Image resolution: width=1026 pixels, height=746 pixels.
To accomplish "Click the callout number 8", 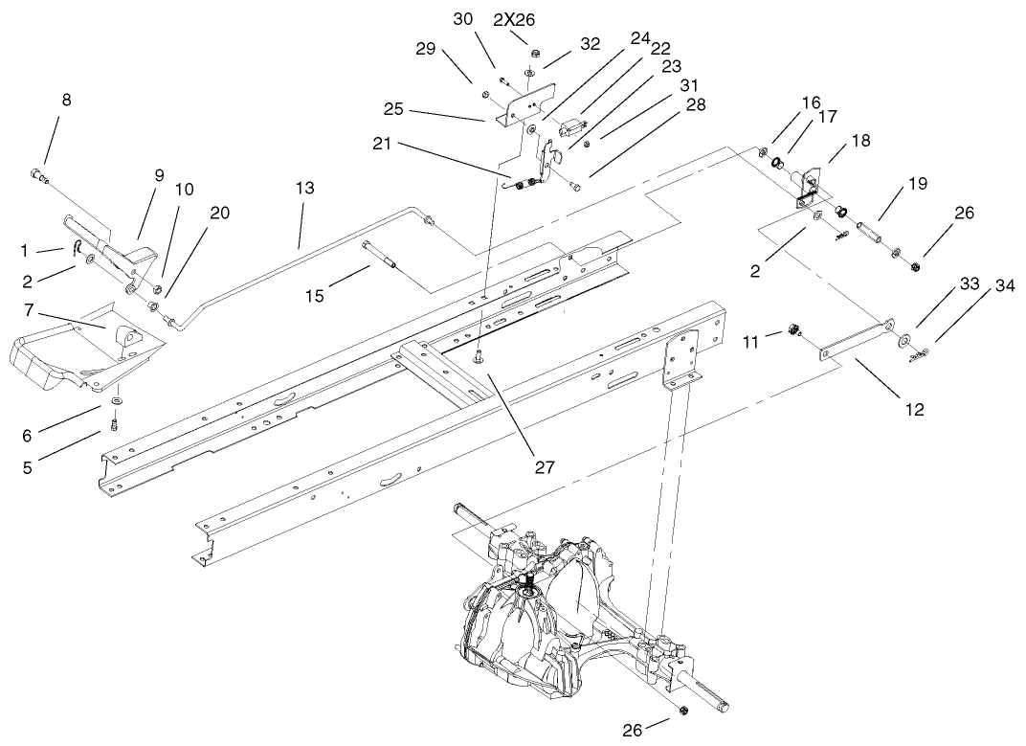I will (x=66, y=100).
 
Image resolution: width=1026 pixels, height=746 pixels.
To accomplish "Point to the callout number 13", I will (x=304, y=190).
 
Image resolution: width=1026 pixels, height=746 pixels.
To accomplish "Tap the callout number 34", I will (x=1004, y=285).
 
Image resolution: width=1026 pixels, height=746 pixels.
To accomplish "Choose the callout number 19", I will (x=918, y=184).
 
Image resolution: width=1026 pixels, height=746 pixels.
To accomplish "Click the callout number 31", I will (x=689, y=85).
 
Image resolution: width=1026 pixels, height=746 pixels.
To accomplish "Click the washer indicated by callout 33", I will (x=903, y=340).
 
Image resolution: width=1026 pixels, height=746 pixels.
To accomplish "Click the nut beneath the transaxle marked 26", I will (x=682, y=710).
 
